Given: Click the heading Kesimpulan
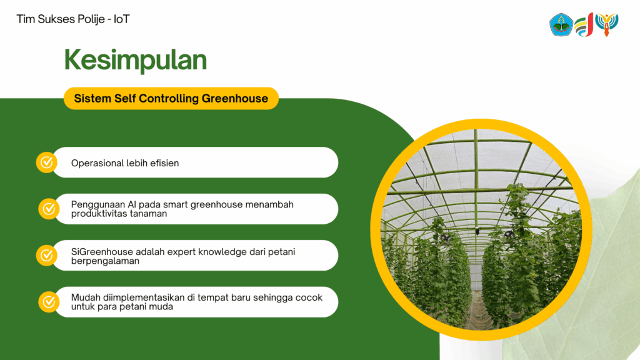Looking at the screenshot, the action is (x=136, y=60).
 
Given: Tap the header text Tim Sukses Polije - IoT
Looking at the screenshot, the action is (x=73, y=19).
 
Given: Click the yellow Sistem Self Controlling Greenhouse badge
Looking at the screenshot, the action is (x=171, y=98).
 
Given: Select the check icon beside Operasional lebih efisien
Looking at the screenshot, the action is (x=46, y=162).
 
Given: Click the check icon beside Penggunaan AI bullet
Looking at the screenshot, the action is (x=49, y=209).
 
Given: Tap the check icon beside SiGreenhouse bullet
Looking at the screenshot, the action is (x=46, y=256).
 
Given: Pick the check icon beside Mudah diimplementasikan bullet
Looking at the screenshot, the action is (x=49, y=302).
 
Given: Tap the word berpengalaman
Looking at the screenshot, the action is (x=105, y=261).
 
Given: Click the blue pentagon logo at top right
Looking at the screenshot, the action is (x=561, y=24).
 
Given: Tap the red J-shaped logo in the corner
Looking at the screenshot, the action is (x=584, y=25).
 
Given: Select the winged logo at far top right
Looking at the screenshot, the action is (x=606, y=24).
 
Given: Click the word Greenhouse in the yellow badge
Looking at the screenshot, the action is (x=235, y=98).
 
